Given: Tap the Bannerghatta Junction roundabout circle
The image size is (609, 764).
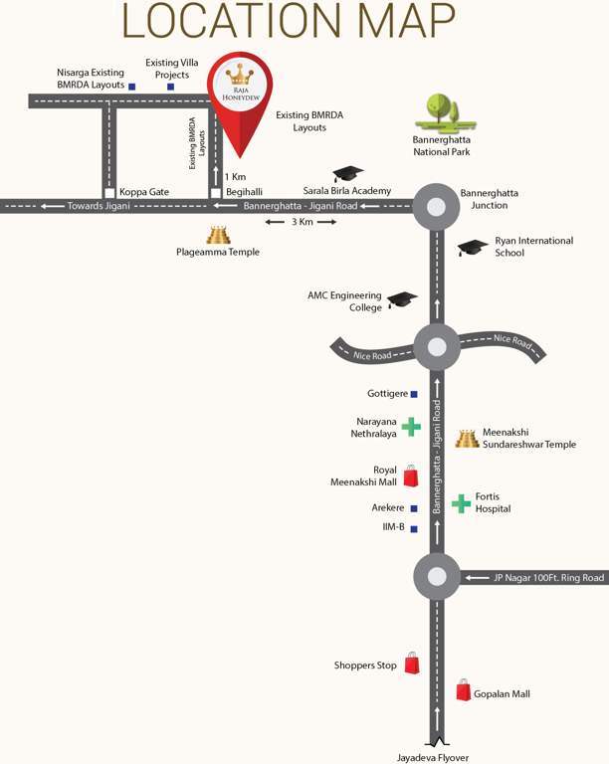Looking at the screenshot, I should pos(436,207).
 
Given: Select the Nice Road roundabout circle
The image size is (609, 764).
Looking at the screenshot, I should pos(436,347).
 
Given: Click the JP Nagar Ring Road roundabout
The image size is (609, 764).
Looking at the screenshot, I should pos(436,576).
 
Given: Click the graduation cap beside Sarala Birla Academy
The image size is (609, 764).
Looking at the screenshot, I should pos(347,174).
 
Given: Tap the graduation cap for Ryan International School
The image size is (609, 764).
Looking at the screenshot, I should pos(472,247).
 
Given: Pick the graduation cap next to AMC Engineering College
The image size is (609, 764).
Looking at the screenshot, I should pos(402,298).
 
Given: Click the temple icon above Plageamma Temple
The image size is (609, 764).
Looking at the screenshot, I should pos(218,235).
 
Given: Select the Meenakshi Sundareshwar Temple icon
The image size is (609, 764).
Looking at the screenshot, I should pos(467,438).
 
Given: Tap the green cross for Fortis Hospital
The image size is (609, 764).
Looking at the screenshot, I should pos(461,503).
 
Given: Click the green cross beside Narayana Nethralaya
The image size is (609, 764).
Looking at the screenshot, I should pos(411,427).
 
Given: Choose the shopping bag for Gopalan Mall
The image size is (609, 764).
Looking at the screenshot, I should pos(463,689).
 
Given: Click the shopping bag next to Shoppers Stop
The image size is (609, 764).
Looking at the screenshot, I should pos(412,664).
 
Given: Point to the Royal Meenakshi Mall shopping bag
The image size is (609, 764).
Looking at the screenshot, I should pos(410,476).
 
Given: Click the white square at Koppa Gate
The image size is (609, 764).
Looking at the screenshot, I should pos(109,192).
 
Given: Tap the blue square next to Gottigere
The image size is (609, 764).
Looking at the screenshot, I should pos(414,394).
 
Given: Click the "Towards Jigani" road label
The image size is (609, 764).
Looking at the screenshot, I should pos(95,206).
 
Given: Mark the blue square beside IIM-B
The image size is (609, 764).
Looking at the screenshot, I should pos(414,527).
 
